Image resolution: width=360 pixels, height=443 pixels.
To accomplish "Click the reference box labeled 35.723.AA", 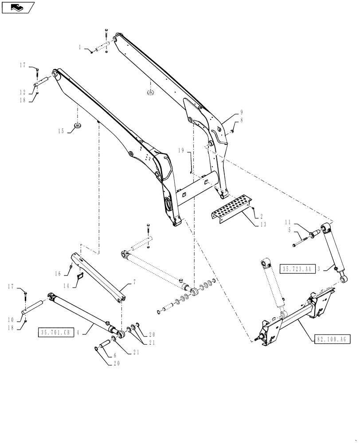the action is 297,268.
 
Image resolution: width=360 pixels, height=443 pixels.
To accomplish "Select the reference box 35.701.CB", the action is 56,333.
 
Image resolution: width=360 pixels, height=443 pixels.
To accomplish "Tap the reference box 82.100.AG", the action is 333,339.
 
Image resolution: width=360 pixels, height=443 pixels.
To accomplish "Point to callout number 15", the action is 61,131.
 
